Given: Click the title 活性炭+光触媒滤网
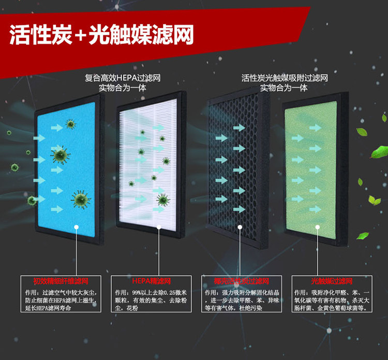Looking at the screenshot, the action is click(101, 35).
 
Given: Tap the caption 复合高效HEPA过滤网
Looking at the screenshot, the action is click(123, 78).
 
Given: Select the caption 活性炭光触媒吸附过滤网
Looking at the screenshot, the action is click(284, 78).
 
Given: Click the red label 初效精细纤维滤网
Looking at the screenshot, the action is click(61, 282).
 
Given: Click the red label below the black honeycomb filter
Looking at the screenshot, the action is click(241, 282).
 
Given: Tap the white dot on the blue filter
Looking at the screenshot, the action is click(76, 227).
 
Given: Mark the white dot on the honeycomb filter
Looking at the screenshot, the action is click(240, 227).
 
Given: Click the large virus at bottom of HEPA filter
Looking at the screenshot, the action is click(163, 200).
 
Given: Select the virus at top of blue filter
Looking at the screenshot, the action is click(70, 124).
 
